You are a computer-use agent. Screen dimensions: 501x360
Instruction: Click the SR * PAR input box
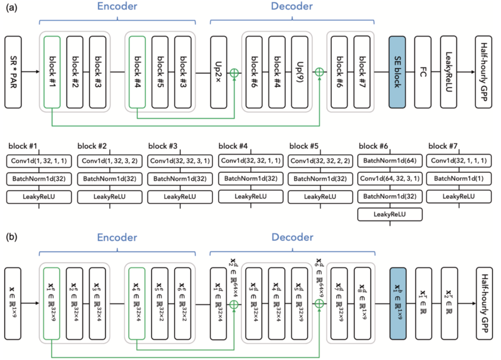[13, 72]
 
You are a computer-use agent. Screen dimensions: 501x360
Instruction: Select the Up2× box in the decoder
[218, 72]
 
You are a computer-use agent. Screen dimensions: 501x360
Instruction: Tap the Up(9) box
[300, 72]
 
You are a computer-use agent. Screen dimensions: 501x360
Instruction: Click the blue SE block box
[397, 72]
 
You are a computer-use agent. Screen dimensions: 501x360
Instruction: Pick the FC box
[423, 72]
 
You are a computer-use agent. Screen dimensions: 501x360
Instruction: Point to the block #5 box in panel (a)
[160, 72]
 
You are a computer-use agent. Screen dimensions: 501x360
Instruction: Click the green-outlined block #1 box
[52, 72]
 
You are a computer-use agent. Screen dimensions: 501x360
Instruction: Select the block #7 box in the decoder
[362, 72]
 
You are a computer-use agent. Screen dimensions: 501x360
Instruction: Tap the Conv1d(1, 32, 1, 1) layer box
[39, 161]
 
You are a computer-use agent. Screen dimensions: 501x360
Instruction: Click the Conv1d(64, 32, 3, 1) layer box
[390, 179]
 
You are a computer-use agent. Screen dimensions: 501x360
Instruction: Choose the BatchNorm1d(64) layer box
[390, 161]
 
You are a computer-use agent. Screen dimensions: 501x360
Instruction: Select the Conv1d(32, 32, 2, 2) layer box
[320, 161]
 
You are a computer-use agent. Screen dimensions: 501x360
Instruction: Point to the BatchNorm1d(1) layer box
[459, 179]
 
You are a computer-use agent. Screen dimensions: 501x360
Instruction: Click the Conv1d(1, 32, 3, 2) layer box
[109, 161]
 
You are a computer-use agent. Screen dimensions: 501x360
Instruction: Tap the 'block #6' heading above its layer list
[373, 146]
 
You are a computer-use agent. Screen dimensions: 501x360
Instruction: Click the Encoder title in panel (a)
[117, 6]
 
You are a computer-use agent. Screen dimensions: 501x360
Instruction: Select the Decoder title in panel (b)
[292, 238]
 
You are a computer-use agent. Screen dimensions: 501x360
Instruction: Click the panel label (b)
[12, 237]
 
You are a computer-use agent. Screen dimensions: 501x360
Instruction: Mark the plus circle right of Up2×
[234, 73]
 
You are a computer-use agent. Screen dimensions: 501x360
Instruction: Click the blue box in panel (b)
[398, 303]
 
